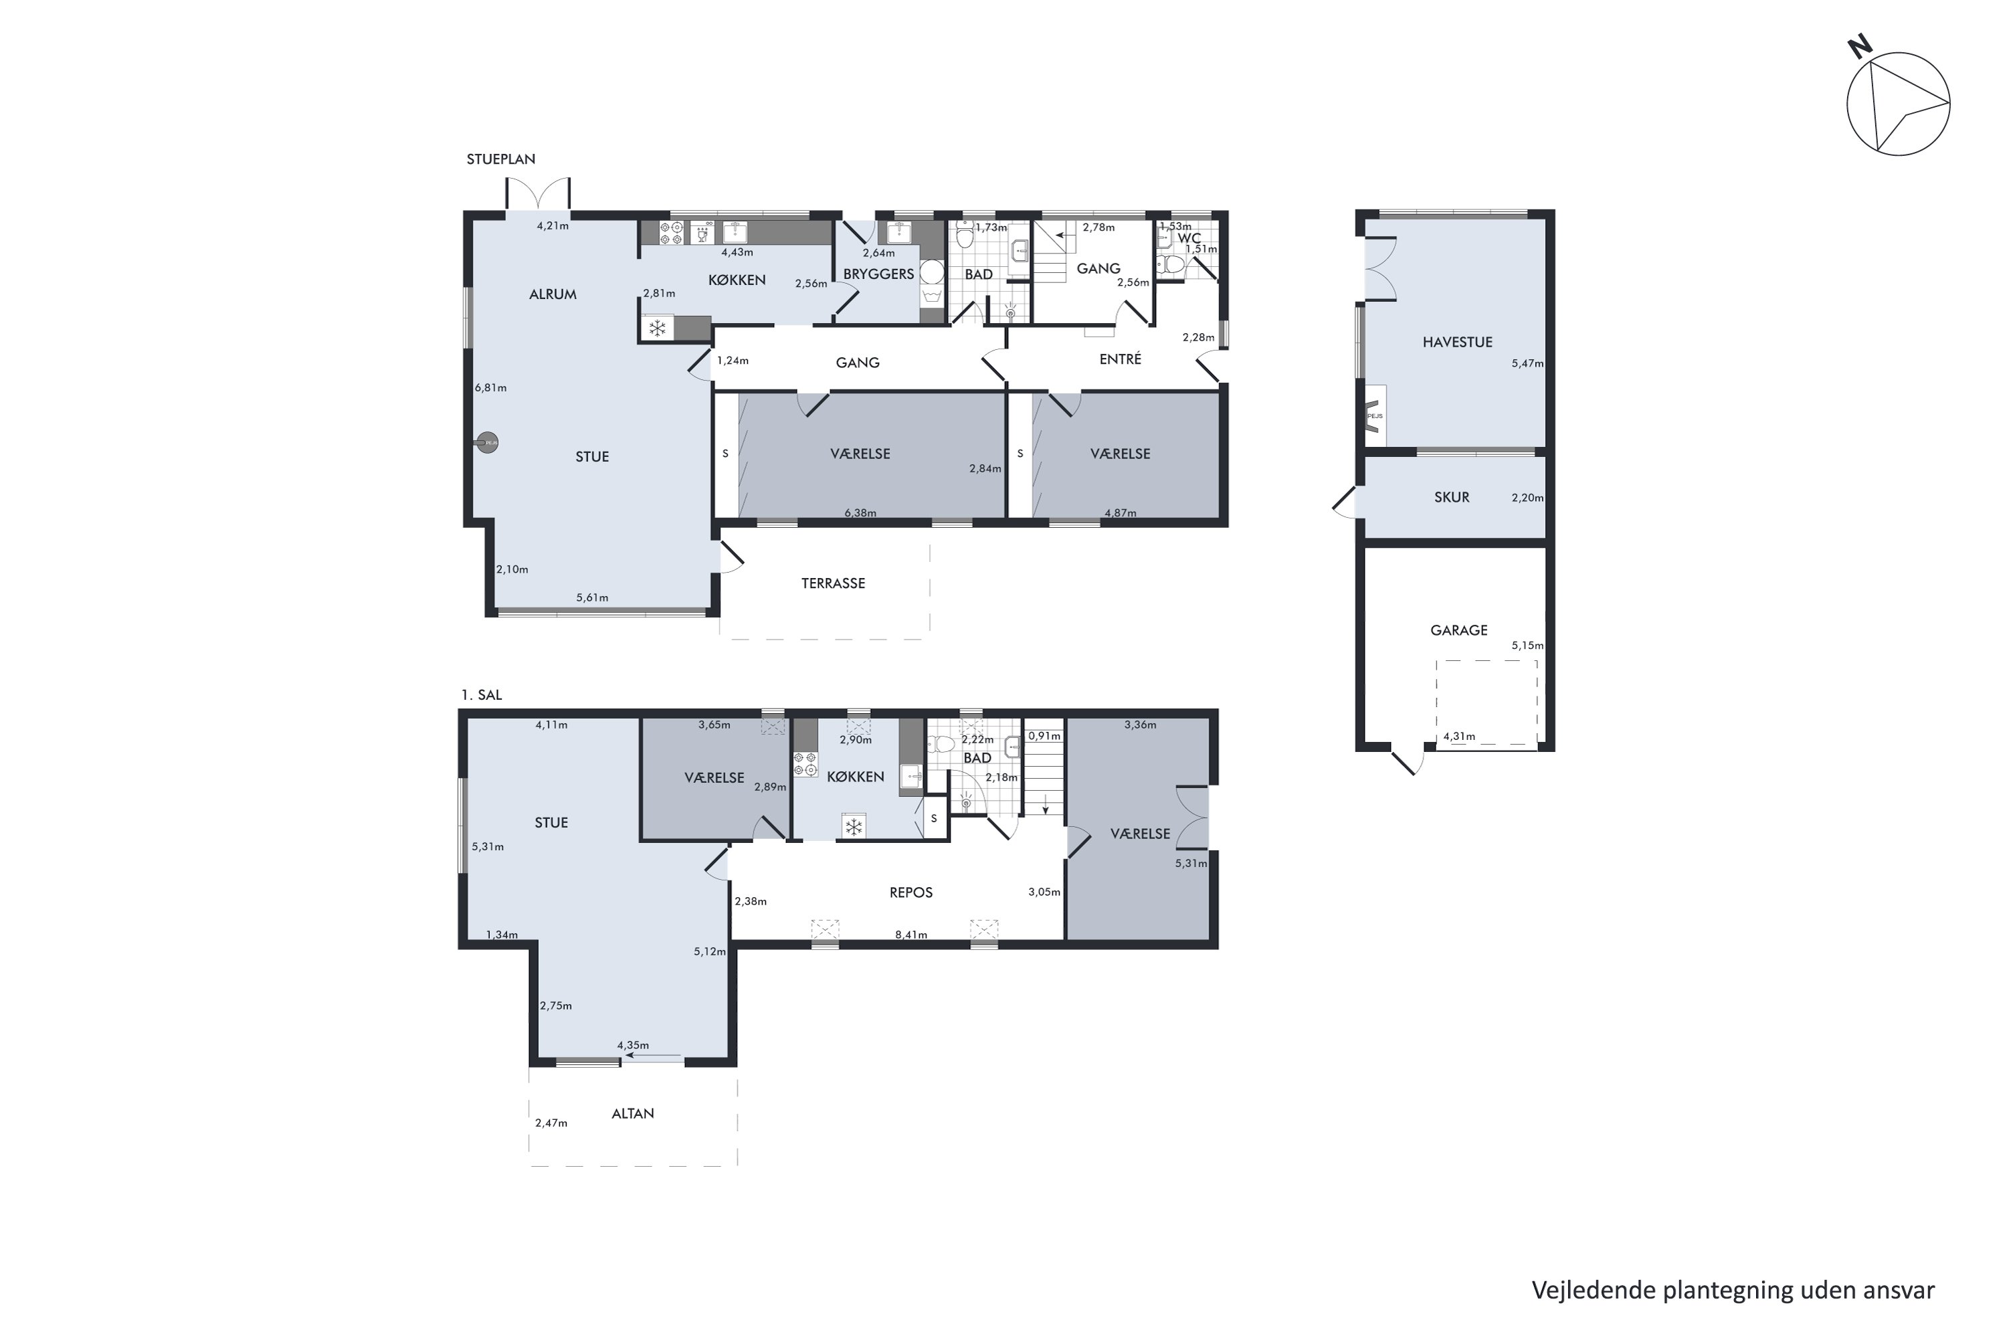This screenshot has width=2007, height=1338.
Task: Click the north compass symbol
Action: [x=1898, y=102]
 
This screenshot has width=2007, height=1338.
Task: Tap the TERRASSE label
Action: [x=833, y=583]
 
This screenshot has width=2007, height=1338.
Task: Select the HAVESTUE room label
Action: [x=1458, y=342]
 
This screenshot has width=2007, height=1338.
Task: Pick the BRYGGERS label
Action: [x=879, y=274]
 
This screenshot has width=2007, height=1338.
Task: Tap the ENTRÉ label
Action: [x=1121, y=359]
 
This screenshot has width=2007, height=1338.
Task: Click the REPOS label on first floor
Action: [x=911, y=892]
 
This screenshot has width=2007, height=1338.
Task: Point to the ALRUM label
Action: [x=553, y=294]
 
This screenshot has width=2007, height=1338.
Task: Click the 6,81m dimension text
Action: [x=490, y=388]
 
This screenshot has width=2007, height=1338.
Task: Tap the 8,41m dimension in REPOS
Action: [x=911, y=935]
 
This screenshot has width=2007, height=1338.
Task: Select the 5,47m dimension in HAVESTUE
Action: [x=1527, y=363]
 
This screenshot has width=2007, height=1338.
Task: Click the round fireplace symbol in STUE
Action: [x=486, y=443]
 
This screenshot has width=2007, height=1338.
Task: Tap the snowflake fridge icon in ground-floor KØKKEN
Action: [x=657, y=328]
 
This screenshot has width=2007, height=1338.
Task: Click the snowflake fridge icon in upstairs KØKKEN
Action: [x=854, y=826]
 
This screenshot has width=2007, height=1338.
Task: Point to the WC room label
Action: [x=1189, y=239]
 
